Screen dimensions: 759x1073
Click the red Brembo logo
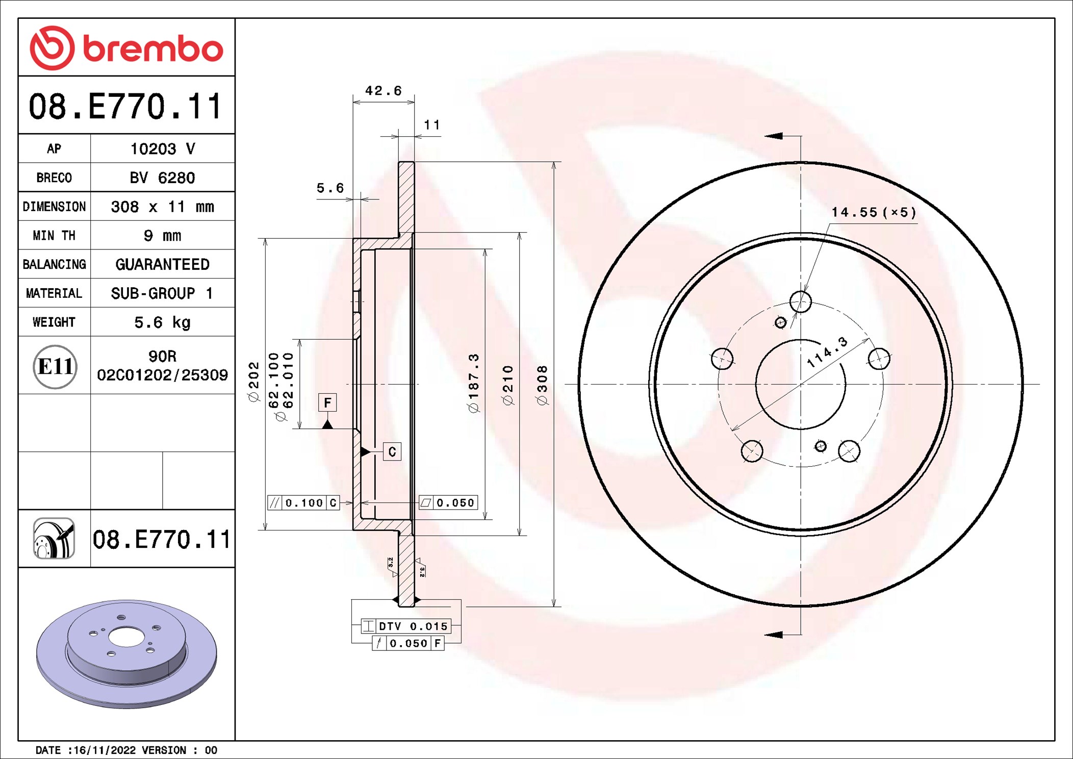coord(126,48)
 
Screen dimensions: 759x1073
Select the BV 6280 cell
coord(162,178)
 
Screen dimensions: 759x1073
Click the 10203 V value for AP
coord(162,149)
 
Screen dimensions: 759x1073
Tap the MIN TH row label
coord(54,236)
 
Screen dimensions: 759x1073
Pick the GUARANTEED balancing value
coord(162,264)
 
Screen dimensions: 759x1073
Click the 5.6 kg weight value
coord(162,322)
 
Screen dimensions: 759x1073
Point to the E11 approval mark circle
coord(55,366)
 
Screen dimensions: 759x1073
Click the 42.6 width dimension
coord(383,91)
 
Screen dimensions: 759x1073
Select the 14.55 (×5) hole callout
coord(873,212)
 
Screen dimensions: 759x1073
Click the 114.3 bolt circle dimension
coord(827,352)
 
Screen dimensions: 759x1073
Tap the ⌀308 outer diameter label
coord(542,385)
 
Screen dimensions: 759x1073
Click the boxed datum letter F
coord(327,402)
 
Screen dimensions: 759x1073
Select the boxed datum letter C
coord(392,452)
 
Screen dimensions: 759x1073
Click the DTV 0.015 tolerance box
coord(406,626)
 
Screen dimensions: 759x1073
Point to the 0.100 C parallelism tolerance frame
coord(303,503)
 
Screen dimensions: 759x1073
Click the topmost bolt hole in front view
coord(800,301)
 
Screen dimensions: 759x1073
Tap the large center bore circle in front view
coord(800,384)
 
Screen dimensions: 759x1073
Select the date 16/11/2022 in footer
coord(105,750)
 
